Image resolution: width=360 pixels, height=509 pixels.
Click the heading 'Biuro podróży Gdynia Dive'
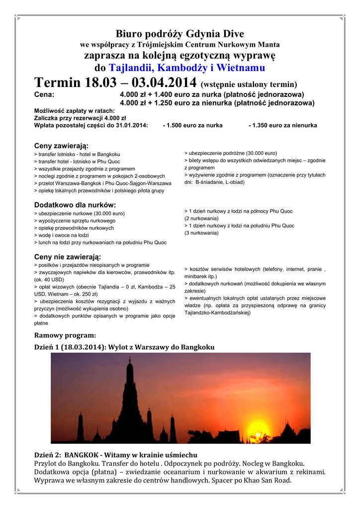coord(180,34)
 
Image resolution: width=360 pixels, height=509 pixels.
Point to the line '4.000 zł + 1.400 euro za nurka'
coord(212,94)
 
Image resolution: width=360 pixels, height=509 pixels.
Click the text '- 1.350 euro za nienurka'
coord(282,125)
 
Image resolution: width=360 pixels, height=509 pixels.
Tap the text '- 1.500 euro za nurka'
coord(192,125)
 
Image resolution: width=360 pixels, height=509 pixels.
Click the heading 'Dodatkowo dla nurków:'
coord(75,205)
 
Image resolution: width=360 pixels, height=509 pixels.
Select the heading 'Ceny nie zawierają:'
coord(67,256)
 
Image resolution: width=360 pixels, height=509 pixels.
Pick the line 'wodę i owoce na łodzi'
coord(63,235)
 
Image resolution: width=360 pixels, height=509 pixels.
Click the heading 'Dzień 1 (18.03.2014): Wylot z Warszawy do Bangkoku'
coord(124,347)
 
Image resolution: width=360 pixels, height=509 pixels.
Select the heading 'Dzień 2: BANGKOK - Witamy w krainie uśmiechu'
coord(115,455)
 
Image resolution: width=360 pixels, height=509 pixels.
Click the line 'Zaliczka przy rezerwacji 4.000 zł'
coord(73,118)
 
